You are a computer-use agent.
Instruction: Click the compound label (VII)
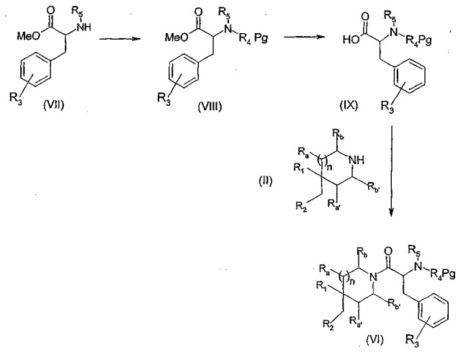point(53,105)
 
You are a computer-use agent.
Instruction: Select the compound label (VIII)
point(210,106)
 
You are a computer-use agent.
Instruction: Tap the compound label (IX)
point(349,105)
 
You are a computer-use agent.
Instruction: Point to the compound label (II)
point(265,181)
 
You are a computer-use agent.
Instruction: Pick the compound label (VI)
point(375,339)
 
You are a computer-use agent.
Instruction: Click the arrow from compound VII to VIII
point(120,39)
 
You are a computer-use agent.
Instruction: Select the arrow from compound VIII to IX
point(304,37)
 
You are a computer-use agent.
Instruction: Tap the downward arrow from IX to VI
point(391,171)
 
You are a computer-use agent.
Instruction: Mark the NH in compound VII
point(84,27)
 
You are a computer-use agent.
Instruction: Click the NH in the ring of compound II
point(357,161)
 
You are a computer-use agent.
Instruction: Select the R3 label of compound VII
point(15,97)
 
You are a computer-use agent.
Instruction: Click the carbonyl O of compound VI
point(387,251)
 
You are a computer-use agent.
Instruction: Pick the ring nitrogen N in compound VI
point(373,277)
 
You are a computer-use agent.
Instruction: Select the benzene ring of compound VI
point(434,310)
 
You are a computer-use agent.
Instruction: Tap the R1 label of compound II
point(299,168)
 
